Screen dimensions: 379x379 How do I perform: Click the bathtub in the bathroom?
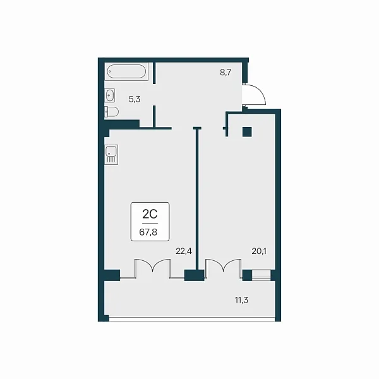point(126,71)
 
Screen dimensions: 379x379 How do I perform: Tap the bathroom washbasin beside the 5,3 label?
point(109,95)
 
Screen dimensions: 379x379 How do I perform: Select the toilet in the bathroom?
point(111,112)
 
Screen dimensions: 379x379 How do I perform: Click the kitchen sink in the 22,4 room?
point(111,155)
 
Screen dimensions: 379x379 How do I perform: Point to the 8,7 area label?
point(226,72)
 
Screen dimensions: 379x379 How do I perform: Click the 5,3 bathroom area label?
point(135,99)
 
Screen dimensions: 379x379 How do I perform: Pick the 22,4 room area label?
point(184,251)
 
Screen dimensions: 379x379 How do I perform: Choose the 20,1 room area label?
point(259,251)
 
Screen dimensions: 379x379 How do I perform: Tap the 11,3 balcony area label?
point(241,300)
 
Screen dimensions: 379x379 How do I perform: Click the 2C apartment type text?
point(150,214)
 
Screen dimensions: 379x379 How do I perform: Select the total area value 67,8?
point(148,232)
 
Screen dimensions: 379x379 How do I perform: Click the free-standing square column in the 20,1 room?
point(247,132)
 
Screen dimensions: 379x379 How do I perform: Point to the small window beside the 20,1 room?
point(262,275)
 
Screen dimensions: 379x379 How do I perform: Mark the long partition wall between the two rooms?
point(198,199)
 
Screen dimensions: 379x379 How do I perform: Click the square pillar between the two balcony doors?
point(195,275)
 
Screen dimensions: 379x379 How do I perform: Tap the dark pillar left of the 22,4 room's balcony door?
point(112,275)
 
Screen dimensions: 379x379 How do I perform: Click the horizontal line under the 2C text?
point(150,223)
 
